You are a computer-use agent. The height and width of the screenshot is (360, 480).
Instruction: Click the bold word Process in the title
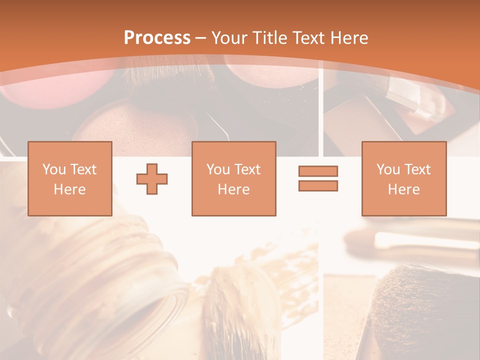(157, 38)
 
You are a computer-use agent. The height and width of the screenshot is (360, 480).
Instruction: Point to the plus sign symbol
(152, 178)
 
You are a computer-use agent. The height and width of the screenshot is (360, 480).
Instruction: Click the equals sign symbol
(318, 178)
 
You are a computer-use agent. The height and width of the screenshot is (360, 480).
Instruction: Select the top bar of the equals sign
(318, 171)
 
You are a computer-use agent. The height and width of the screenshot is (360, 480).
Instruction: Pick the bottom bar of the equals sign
(318, 186)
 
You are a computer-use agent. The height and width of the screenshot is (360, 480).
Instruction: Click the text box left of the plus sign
(69, 178)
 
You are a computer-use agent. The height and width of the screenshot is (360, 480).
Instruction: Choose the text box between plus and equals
(233, 178)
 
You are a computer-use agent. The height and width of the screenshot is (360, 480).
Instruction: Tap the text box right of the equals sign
(403, 178)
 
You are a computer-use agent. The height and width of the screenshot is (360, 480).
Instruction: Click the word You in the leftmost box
(53, 169)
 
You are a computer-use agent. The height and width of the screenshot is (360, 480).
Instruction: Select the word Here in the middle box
(233, 189)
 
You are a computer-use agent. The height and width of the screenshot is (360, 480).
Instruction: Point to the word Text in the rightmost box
(417, 169)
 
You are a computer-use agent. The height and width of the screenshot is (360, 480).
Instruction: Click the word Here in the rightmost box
(403, 189)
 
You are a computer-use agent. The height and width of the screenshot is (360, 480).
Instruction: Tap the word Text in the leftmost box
(83, 169)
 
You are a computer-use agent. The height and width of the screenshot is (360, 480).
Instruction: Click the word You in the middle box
(218, 169)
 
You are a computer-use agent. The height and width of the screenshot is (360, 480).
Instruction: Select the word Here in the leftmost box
(69, 189)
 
